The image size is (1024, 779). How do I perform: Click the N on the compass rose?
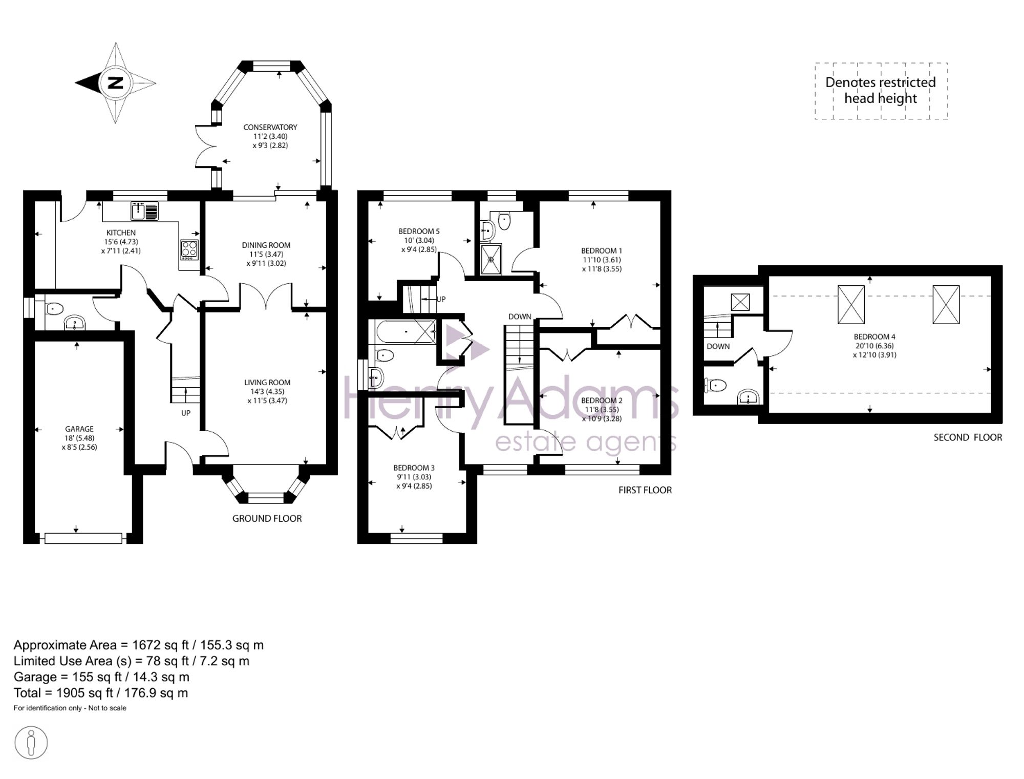116,82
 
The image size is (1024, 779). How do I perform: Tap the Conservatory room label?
270,127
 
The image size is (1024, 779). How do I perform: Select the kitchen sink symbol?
145,211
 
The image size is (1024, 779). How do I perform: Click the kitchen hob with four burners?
189,250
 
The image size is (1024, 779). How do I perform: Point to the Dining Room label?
266,245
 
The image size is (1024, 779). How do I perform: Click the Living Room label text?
267,383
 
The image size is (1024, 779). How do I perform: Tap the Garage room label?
79,429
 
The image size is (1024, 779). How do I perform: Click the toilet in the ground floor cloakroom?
53,309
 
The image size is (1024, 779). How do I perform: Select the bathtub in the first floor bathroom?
406,332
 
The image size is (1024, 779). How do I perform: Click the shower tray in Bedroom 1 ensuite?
491,259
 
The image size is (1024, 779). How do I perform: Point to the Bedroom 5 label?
419,231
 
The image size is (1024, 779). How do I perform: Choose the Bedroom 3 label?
414,468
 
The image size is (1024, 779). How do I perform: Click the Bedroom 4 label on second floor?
874,337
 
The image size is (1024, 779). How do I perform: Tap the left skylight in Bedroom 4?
851,305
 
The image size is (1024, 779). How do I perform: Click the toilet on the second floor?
715,385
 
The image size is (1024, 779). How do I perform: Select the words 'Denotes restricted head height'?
881,90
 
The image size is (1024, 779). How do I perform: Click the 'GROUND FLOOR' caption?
267,518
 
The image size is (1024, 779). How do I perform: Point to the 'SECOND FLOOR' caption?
968,437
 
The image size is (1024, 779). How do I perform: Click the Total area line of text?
101,693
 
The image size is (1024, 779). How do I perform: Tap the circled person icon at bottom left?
31,743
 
